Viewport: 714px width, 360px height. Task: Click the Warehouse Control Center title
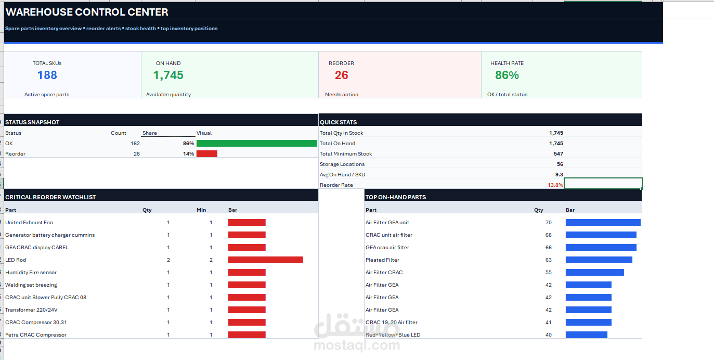87,12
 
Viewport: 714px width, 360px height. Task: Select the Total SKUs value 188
47,75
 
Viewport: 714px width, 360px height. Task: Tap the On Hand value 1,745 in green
168,75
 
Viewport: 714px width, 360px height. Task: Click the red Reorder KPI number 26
341,75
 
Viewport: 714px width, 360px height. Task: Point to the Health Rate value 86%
507,75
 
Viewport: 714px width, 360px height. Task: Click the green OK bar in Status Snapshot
256,144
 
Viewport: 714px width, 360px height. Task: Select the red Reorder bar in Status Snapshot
207,153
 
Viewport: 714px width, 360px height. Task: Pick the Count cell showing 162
135,144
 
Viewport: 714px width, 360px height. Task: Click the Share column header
149,133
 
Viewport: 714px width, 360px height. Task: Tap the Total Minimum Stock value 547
558,153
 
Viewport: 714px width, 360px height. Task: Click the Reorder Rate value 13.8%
555,185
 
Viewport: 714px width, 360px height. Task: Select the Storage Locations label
342,164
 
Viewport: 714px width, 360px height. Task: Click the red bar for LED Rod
266,260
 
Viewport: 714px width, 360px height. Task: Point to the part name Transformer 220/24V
31,310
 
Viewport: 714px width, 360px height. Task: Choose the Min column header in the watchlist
201,210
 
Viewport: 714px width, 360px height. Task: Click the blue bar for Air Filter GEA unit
603,223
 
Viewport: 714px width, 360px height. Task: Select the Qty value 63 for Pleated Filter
548,260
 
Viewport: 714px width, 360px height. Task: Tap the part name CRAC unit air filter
389,235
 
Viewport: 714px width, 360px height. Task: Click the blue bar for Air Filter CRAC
595,272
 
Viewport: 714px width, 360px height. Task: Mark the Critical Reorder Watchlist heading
50,197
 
